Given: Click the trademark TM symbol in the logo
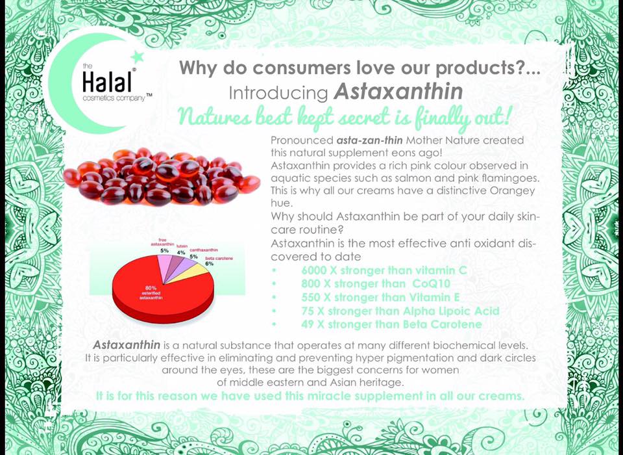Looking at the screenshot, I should [x=149, y=96].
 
